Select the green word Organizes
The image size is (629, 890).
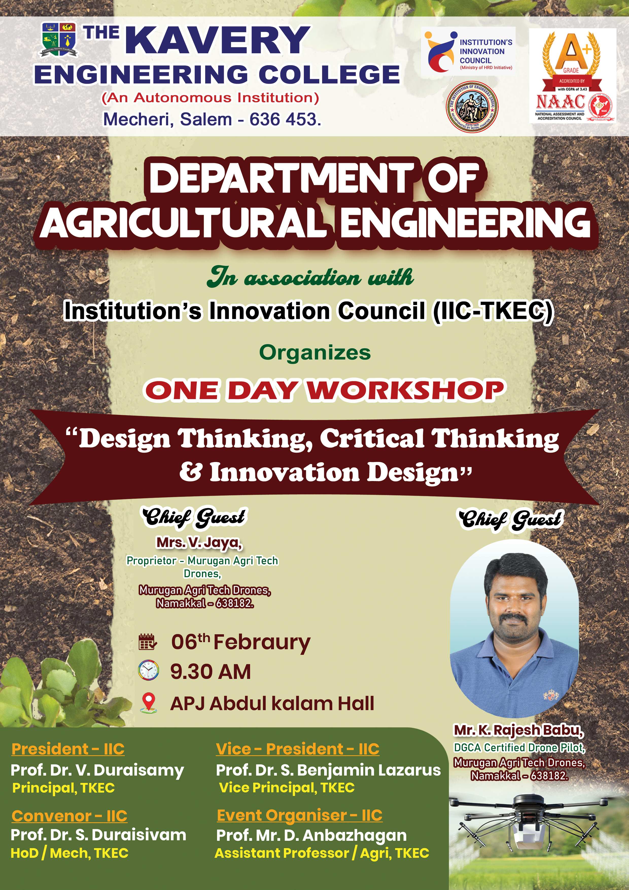315,352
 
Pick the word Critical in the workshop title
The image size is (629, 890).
372,438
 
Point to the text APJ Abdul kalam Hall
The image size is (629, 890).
272,703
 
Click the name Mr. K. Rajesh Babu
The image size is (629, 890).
519,730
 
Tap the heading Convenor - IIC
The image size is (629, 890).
69,816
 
